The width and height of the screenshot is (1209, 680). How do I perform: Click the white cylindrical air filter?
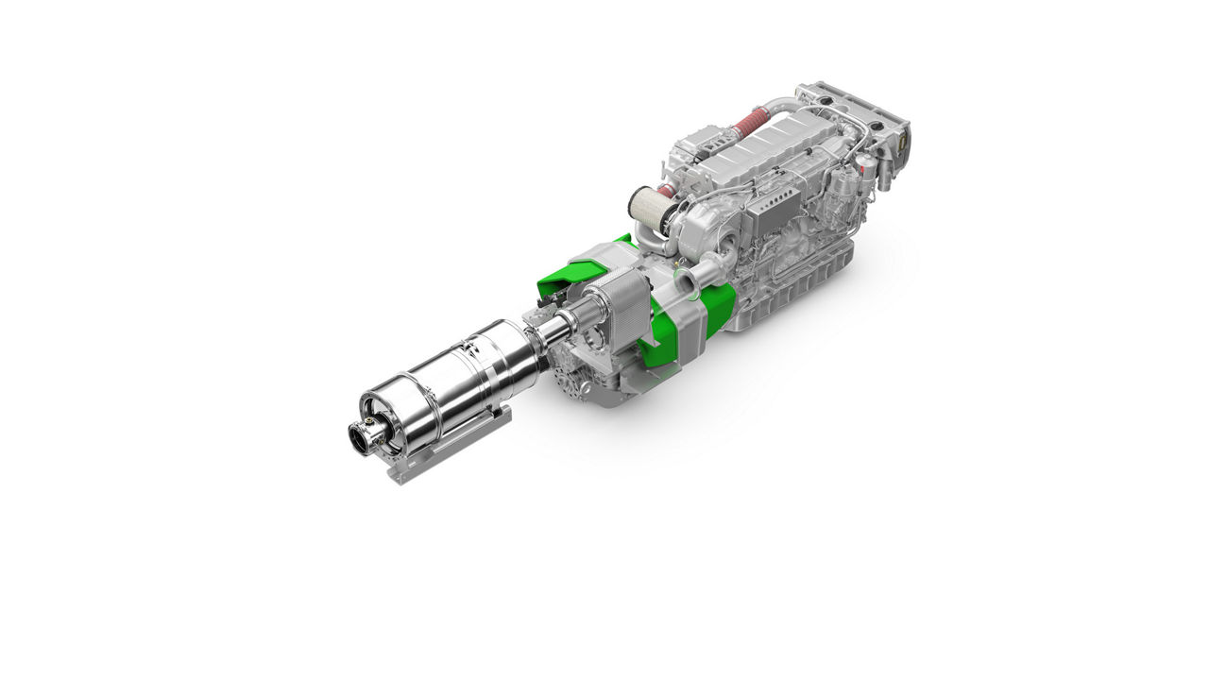[648, 211]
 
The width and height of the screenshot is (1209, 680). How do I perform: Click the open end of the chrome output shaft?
[362, 437]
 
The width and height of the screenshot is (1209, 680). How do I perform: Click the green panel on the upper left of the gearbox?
[567, 274]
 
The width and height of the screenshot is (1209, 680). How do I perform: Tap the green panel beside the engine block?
[720, 308]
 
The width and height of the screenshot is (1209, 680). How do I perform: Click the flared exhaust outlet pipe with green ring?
[688, 280]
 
